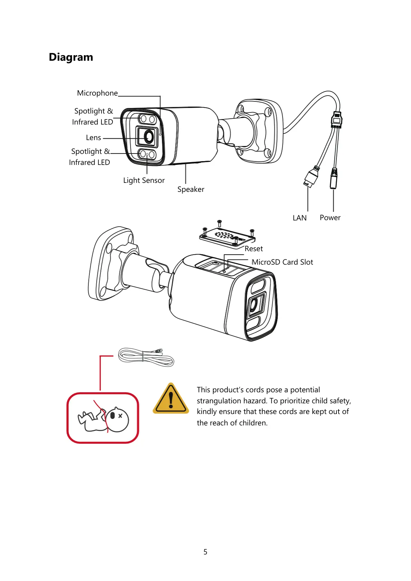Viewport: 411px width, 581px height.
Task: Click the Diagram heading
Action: coord(71,57)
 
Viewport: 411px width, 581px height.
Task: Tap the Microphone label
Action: coord(97,93)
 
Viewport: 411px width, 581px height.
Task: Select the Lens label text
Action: coord(94,138)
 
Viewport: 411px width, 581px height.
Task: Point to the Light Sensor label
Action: coord(144,180)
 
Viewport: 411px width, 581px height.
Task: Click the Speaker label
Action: coord(191,189)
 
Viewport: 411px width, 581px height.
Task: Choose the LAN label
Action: coord(300,218)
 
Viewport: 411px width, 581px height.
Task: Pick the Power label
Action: coord(330,218)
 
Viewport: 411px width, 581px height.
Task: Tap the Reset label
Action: coord(254,249)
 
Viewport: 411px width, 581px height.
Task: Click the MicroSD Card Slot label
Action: coord(282,262)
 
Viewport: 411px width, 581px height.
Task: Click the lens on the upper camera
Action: coord(149,137)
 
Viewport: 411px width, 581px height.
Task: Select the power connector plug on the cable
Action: coord(333,178)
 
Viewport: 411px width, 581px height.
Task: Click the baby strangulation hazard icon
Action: coord(103,418)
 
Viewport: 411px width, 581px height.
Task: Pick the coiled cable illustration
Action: coord(146,357)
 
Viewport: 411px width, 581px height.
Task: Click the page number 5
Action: coord(205,552)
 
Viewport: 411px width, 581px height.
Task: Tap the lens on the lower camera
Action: coord(254,305)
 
